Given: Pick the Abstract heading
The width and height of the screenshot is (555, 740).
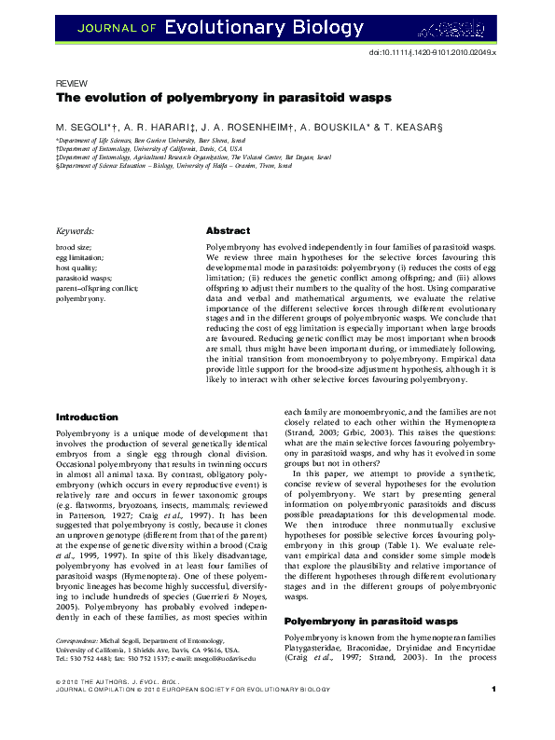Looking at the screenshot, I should pos(227,230).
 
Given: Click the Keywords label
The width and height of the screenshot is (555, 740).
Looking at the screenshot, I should pos(80,231).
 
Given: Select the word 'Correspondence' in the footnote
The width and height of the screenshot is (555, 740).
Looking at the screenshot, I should pos(81,642).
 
